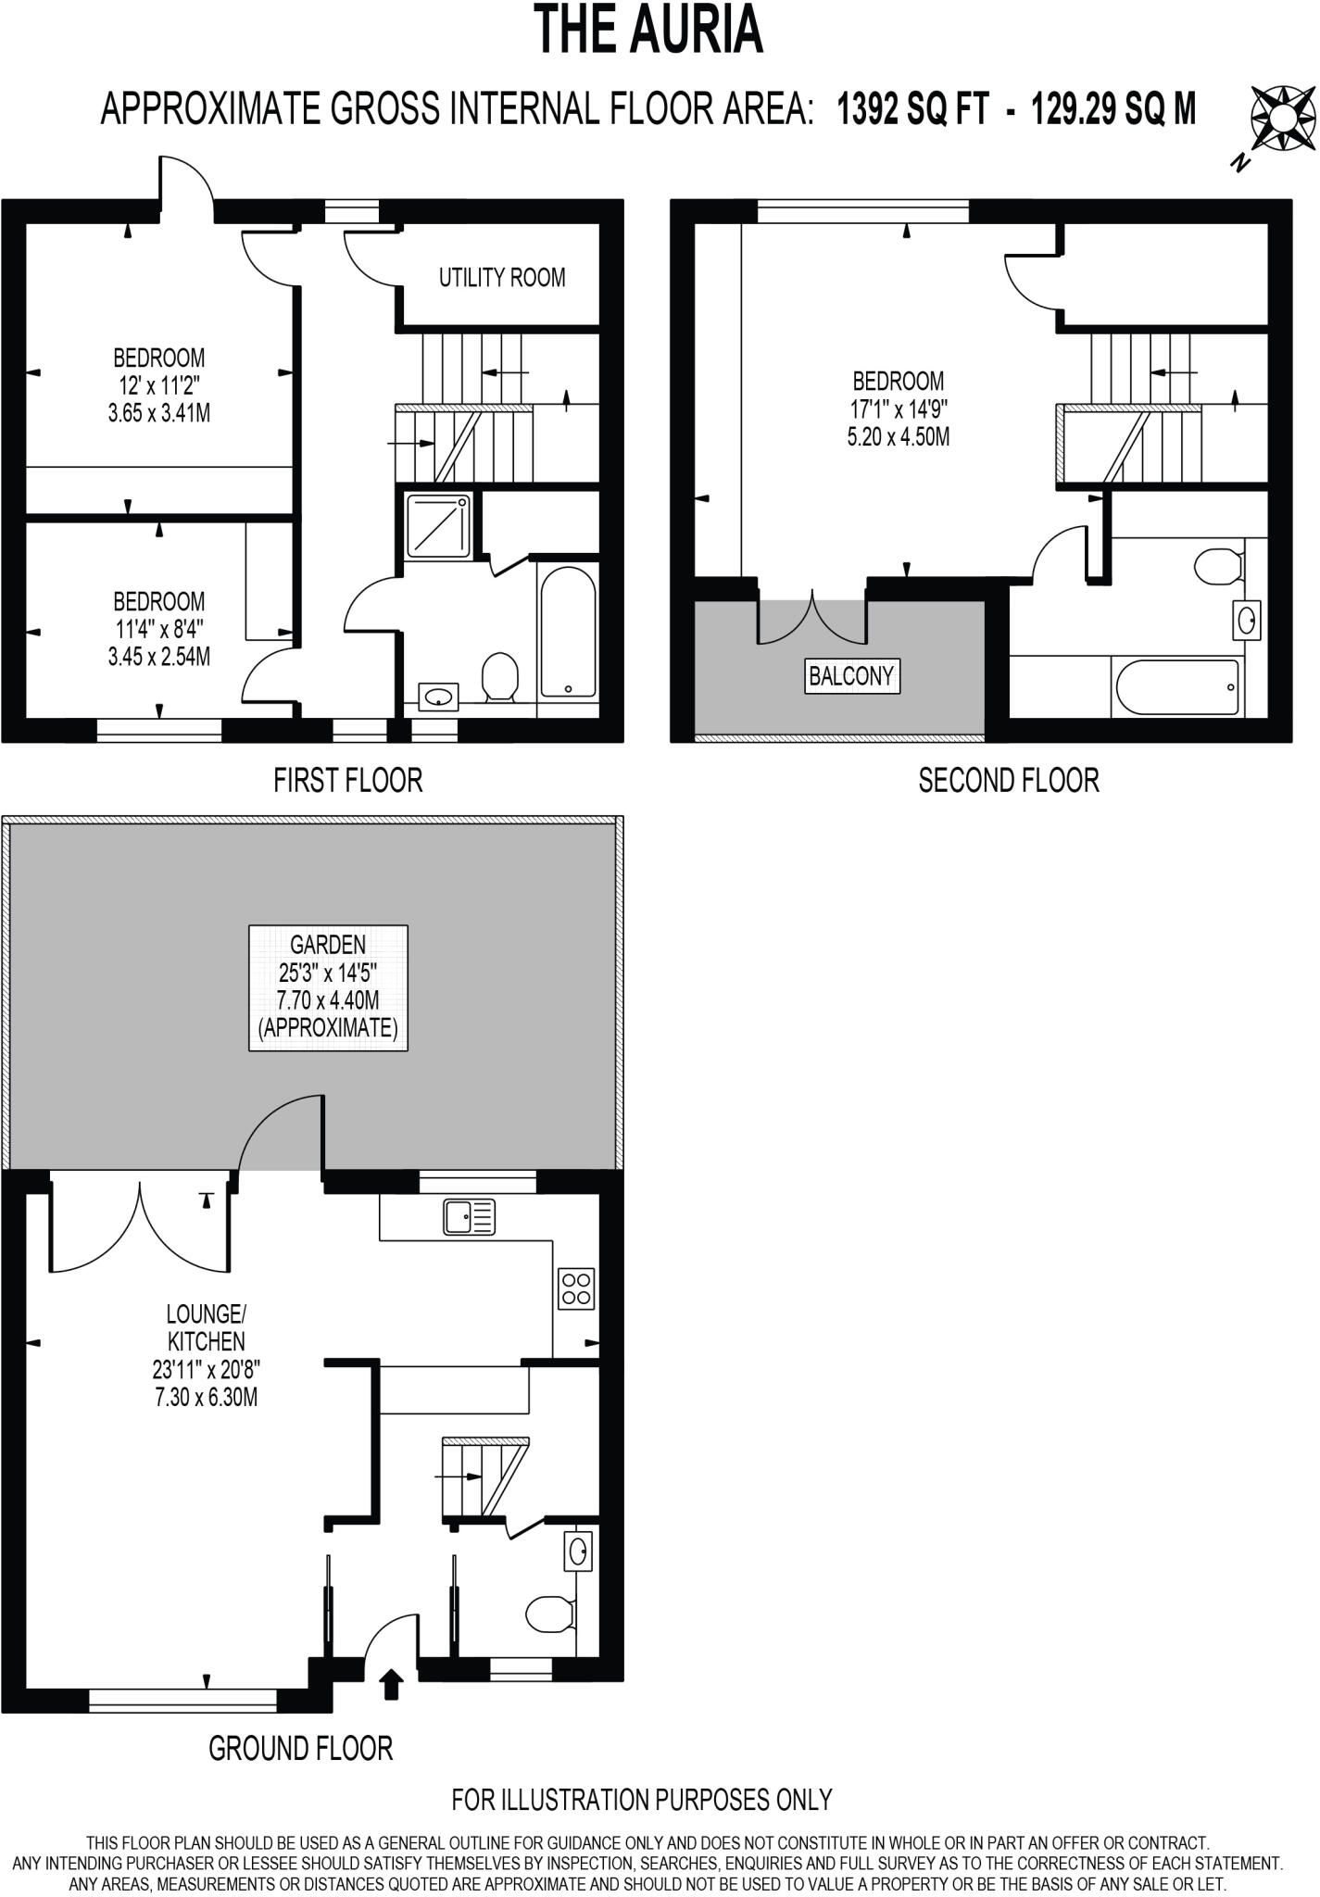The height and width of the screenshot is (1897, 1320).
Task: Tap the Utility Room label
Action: click(501, 277)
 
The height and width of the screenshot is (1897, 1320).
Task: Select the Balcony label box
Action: click(851, 676)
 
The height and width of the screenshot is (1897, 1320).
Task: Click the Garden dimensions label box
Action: click(328, 987)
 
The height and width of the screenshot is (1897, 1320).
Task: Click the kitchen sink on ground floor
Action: click(470, 1216)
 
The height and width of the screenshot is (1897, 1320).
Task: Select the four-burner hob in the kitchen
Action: click(576, 1288)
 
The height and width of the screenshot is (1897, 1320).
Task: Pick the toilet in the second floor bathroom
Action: click(1217, 566)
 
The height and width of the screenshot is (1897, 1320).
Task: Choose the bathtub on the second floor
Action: click(1177, 687)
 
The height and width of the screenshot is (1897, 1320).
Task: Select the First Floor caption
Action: click(347, 780)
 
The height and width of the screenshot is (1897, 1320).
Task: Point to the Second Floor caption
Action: click(1009, 780)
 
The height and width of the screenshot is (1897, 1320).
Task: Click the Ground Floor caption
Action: click(300, 1748)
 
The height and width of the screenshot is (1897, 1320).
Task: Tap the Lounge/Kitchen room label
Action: click(206, 1327)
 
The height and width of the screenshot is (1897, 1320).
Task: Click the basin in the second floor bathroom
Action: click(1247, 619)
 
